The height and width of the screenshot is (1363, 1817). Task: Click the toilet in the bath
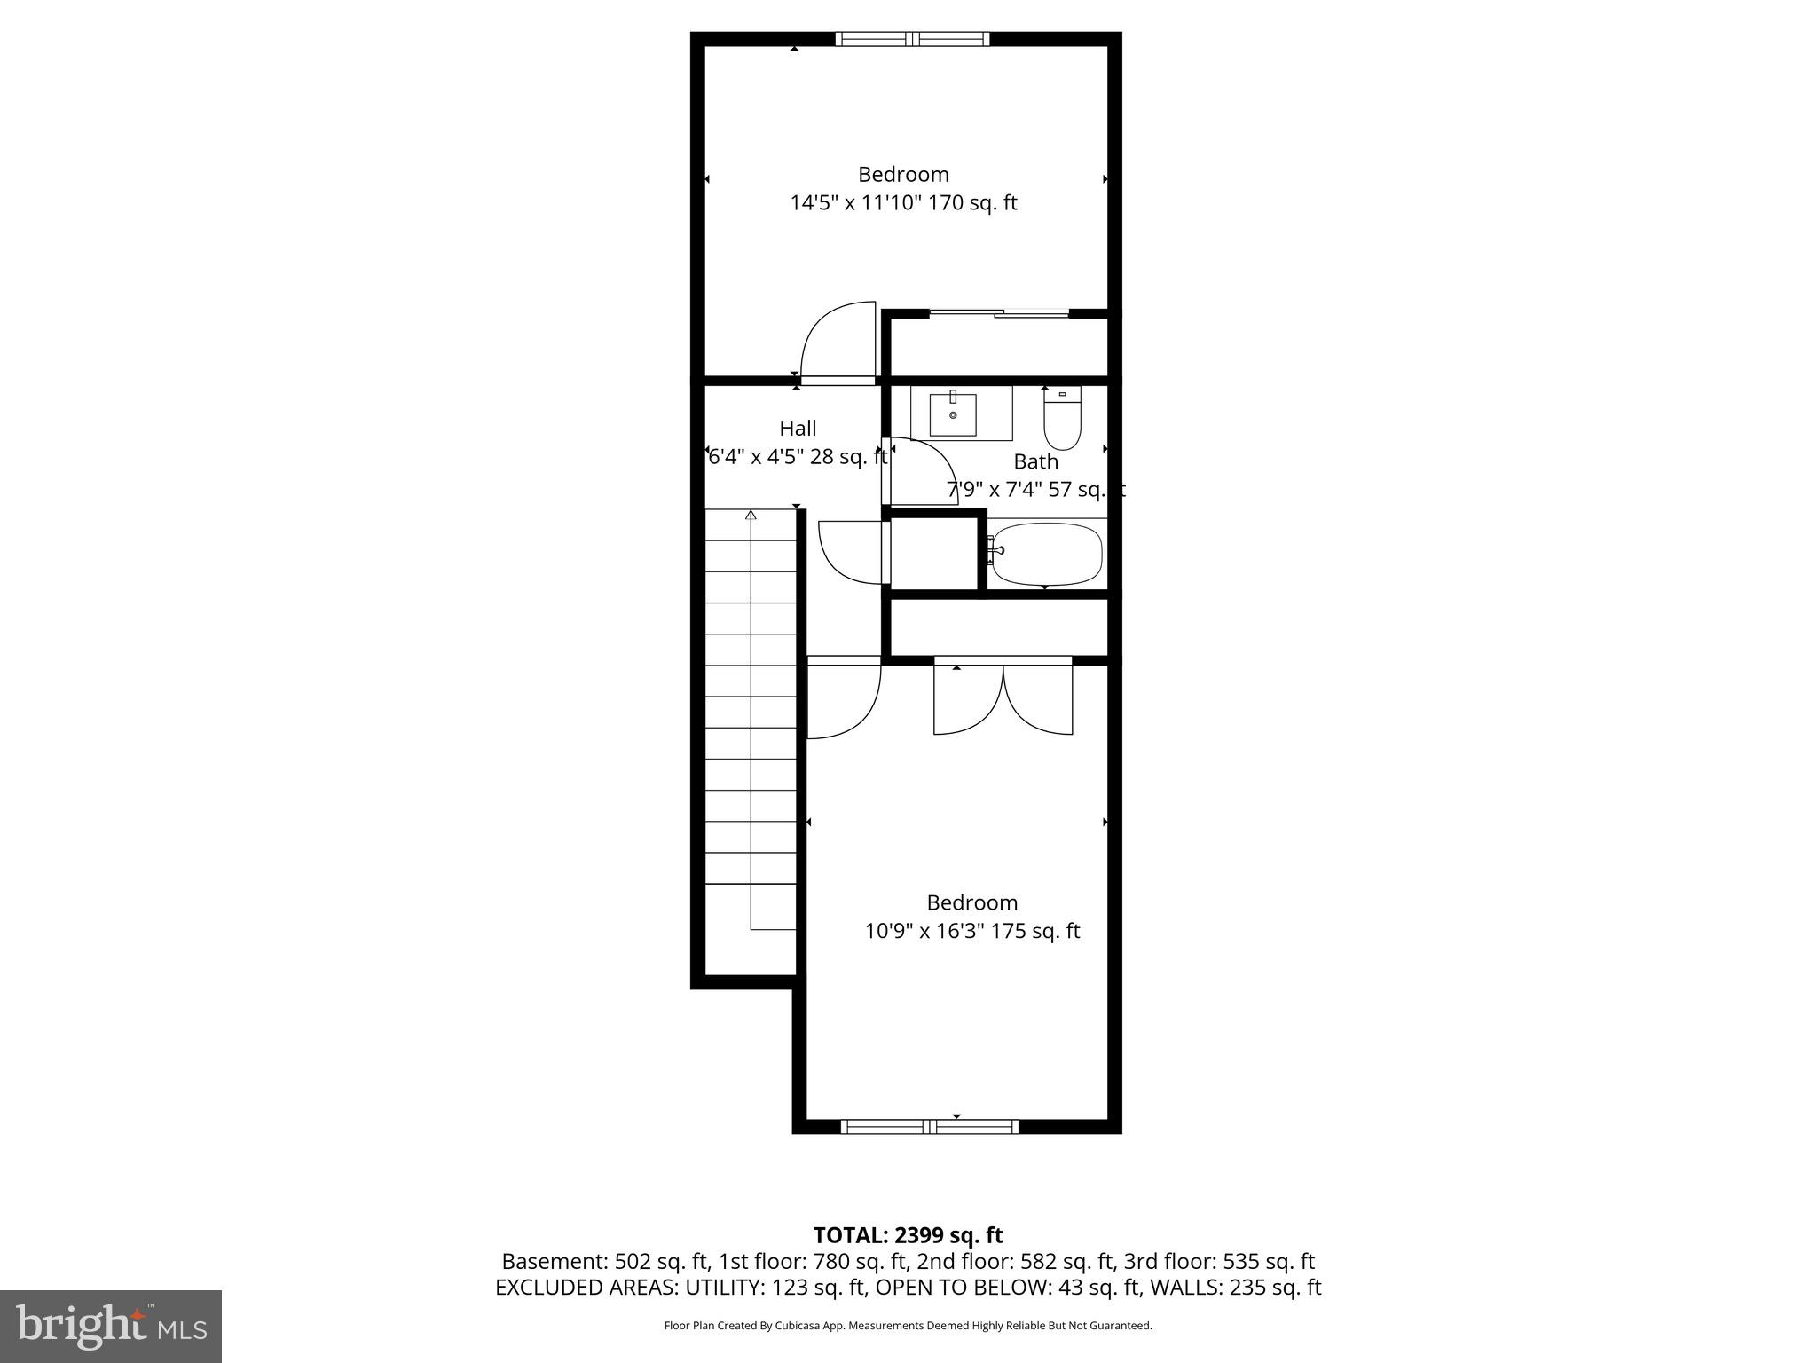pyautogui.click(x=1062, y=420)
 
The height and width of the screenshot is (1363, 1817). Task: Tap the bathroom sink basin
pyautogui.click(x=953, y=414)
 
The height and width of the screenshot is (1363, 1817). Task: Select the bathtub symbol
pyautogui.click(x=1046, y=553)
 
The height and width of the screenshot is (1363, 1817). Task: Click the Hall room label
pyautogui.click(x=798, y=429)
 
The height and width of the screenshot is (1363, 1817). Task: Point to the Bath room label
pyautogui.click(x=1035, y=461)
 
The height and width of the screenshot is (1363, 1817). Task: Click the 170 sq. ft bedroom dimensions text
pyautogui.click(x=903, y=203)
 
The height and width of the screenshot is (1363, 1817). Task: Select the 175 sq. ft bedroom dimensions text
pyautogui.click(x=971, y=931)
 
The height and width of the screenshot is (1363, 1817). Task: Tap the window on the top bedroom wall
pyautogui.click(x=912, y=39)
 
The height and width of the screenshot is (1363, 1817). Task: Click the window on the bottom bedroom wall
pyautogui.click(x=929, y=1127)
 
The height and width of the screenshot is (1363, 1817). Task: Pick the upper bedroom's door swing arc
pyautogui.click(x=834, y=342)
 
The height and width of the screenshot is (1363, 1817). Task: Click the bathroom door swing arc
pyautogui.click(x=923, y=470)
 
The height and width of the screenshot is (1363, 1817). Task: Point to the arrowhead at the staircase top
pyautogui.click(x=751, y=515)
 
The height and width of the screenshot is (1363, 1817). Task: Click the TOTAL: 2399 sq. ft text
pyautogui.click(x=908, y=1234)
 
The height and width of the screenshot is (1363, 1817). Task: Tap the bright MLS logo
pyautogui.click(x=111, y=1326)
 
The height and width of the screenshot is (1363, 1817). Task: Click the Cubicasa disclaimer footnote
pyautogui.click(x=908, y=1326)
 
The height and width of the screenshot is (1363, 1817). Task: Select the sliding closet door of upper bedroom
pyautogui.click(x=998, y=313)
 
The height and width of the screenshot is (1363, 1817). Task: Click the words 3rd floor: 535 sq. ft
pyautogui.click(x=1219, y=1261)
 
